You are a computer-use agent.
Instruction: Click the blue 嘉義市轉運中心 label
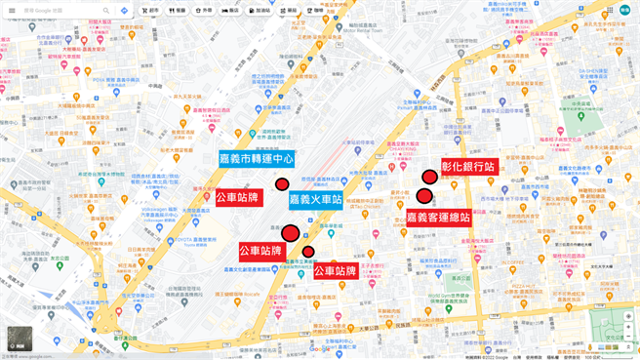[x=257, y=158]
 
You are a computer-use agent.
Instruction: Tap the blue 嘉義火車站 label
[x=316, y=200]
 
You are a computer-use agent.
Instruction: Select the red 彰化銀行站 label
[x=469, y=167]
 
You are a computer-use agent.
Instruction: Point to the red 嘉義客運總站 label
[x=438, y=218]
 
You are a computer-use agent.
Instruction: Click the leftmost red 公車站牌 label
[x=239, y=198]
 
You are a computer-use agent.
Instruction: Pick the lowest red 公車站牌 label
[x=335, y=271]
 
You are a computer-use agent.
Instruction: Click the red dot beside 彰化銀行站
[x=429, y=177]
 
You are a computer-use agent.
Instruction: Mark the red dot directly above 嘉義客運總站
[x=424, y=196]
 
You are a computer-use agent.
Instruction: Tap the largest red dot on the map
[x=290, y=233]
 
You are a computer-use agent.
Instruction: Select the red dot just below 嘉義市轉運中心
[x=282, y=184]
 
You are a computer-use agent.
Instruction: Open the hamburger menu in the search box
[x=12, y=11]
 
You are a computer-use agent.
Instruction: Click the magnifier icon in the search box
[x=105, y=11]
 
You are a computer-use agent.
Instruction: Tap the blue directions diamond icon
[x=124, y=11]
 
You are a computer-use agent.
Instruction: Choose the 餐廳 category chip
[x=177, y=11]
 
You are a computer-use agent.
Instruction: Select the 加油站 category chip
[x=260, y=11]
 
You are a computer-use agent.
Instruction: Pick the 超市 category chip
[x=149, y=11]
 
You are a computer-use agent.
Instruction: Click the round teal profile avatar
[x=624, y=10]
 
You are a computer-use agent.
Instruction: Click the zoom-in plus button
[x=628, y=316]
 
